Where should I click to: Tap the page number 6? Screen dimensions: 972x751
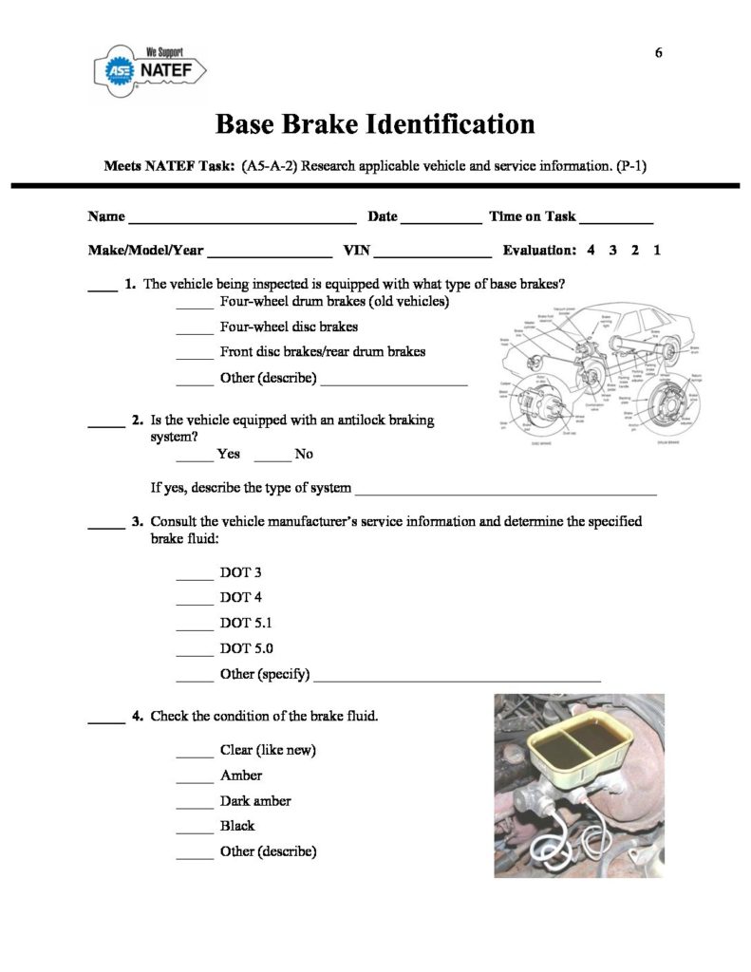tap(659, 52)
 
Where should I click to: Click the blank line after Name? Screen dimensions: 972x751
tap(242, 220)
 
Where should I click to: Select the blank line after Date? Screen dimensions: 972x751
tap(441, 220)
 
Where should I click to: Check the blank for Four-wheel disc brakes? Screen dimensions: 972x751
tap(196, 331)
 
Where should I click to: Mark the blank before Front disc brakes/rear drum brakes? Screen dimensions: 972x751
tap(196, 356)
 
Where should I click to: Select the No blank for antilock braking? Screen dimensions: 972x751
tap(272, 458)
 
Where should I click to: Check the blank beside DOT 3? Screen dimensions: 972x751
tap(196, 577)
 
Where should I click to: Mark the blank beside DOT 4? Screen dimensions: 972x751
tap(196, 602)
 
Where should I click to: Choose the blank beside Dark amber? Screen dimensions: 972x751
tap(196, 806)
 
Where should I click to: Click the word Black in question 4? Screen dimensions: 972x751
tap(237, 826)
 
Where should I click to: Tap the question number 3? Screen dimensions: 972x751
tap(138, 521)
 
